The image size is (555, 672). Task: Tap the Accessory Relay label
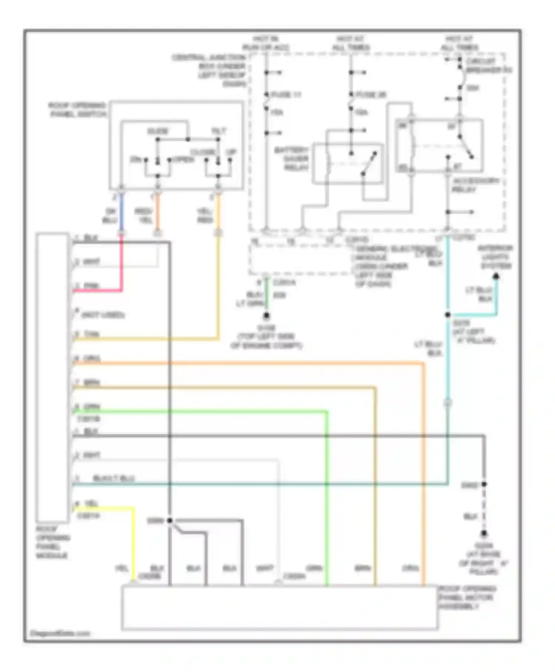[475, 185]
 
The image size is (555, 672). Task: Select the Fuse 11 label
[286, 95]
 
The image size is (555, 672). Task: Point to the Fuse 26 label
[370, 95]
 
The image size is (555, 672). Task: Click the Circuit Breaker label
[488, 66]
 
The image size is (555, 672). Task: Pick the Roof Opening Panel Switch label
[77, 110]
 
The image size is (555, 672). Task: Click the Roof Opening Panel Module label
[52, 542]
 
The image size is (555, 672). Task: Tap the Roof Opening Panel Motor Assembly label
[467, 598]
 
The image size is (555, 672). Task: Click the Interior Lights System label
[495, 257]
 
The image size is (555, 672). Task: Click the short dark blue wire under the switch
[121, 213]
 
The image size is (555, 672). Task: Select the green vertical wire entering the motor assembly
[327, 500]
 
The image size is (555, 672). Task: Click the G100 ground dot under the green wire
[266, 316]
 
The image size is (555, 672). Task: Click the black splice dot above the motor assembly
[170, 520]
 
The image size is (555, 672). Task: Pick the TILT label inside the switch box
[218, 131]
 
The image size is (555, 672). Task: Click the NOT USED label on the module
[103, 315]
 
